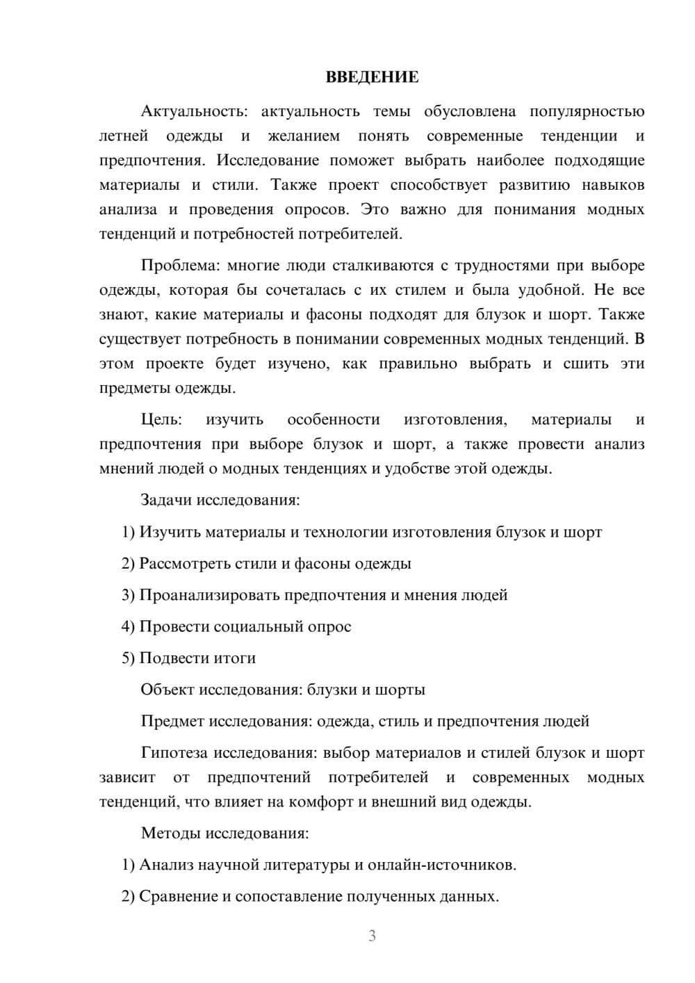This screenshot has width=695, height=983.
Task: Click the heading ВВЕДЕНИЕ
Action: pos(372,77)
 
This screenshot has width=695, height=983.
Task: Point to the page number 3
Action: pos(372,936)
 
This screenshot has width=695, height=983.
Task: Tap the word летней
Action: pos(124,136)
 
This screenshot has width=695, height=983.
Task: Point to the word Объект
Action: pos(167,690)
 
